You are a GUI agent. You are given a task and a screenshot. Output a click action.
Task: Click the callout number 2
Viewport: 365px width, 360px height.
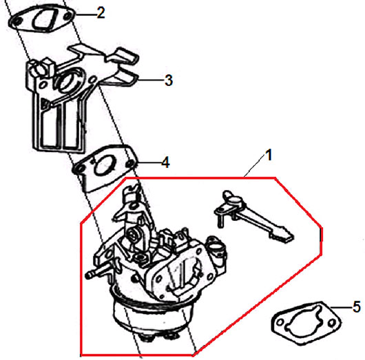(101, 13)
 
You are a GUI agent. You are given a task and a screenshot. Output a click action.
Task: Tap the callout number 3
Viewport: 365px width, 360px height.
(169, 81)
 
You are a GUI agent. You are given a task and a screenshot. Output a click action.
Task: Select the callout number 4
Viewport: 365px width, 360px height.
(165, 162)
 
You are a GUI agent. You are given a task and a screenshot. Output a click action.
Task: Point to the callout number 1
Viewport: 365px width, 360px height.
(269, 155)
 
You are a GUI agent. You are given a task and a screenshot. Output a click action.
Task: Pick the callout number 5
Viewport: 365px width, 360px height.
(357, 306)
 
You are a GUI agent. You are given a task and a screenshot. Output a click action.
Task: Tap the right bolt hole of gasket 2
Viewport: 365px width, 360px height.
(67, 16)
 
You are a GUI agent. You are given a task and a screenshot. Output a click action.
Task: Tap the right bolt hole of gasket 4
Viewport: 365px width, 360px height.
(130, 164)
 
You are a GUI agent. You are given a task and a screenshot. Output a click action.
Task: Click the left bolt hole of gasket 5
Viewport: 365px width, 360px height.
(280, 323)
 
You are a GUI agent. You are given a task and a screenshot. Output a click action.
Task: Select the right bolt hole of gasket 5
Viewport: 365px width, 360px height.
(332, 323)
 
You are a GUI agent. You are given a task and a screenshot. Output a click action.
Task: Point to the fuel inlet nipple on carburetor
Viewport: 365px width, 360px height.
(97, 273)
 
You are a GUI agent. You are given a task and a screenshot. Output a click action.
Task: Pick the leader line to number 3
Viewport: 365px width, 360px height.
(151, 80)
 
